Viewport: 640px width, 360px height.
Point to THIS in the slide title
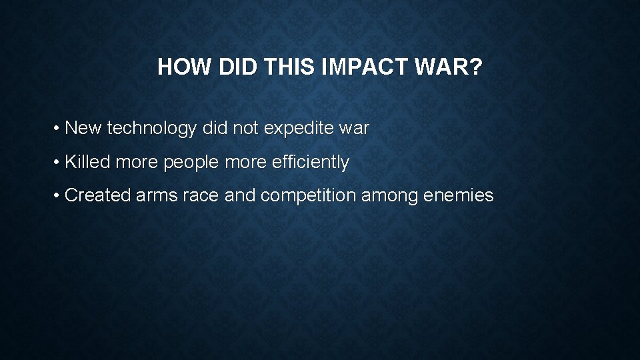coord(286,67)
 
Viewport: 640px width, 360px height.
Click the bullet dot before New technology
coord(59,128)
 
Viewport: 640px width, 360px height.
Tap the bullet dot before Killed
coord(59,162)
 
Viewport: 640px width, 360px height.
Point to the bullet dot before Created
coord(59,195)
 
